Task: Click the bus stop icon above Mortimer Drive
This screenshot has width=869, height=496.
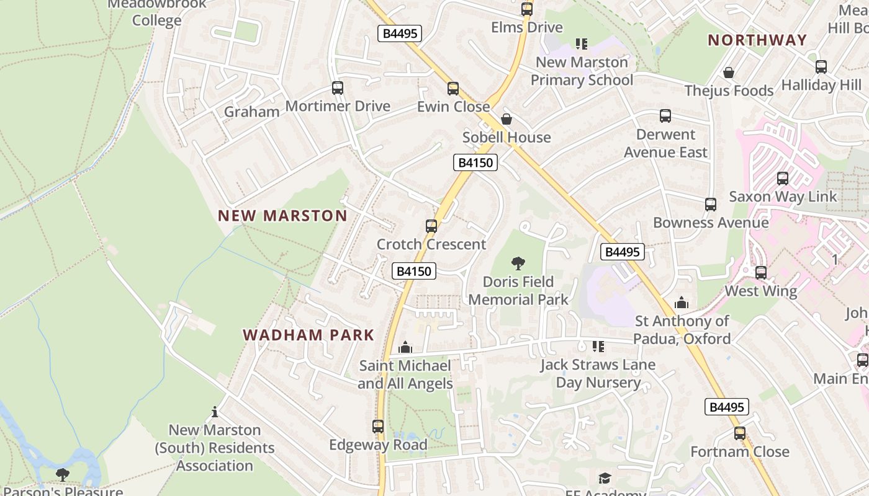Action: [338, 88]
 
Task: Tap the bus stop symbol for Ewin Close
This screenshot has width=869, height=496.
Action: [453, 89]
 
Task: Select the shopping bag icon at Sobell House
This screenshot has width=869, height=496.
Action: [507, 119]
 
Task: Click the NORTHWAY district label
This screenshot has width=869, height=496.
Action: [757, 40]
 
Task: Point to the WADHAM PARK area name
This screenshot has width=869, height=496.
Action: [308, 335]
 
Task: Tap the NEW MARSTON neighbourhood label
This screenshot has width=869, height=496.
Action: [282, 216]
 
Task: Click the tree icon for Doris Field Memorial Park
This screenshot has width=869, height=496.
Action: [518, 263]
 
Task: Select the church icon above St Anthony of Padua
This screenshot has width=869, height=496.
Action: [682, 303]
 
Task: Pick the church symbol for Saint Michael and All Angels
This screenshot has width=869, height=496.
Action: [405, 347]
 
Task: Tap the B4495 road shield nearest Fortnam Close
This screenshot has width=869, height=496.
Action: [727, 407]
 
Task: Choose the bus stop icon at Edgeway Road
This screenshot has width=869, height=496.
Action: [378, 427]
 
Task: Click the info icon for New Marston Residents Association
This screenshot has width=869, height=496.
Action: [215, 412]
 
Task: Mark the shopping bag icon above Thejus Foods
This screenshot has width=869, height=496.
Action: [729, 73]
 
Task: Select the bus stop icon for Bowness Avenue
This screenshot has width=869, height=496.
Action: [711, 205]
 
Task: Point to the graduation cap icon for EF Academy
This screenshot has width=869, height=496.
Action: [605, 478]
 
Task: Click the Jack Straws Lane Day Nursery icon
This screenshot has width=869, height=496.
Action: [598, 346]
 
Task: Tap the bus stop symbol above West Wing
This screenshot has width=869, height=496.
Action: [761, 273]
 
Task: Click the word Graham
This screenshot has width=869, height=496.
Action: [251, 112]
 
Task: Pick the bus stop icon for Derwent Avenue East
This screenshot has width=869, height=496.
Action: [665, 116]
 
